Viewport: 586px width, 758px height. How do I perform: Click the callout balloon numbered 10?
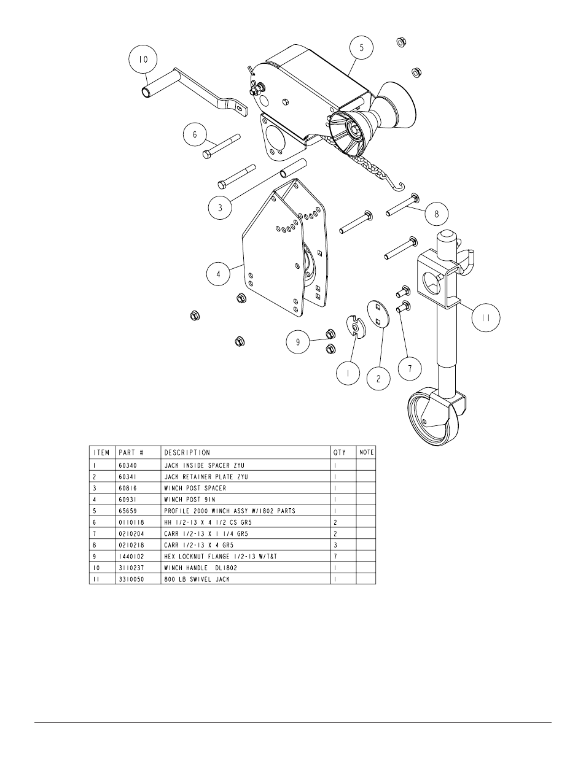pos(143,60)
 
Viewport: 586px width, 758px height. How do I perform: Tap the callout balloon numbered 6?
pos(194,136)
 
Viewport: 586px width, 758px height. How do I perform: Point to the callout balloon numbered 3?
pos(220,207)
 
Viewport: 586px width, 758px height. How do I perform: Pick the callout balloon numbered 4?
pos(217,274)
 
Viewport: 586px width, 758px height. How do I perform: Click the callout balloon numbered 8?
pos(437,214)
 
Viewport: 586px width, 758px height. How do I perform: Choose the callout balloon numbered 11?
pos(486,317)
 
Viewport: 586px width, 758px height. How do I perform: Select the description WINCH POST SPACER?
pos(195,489)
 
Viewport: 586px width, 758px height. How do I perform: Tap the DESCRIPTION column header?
pos(187,453)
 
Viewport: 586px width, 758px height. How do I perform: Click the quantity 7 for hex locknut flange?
pos(335,556)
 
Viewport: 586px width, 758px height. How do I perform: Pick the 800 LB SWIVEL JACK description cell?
pos(197,579)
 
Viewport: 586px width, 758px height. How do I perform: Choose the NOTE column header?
pos(366,453)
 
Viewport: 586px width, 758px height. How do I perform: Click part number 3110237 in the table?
pos(131,568)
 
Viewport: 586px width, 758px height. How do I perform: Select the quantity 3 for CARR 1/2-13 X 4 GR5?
pos(335,545)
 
